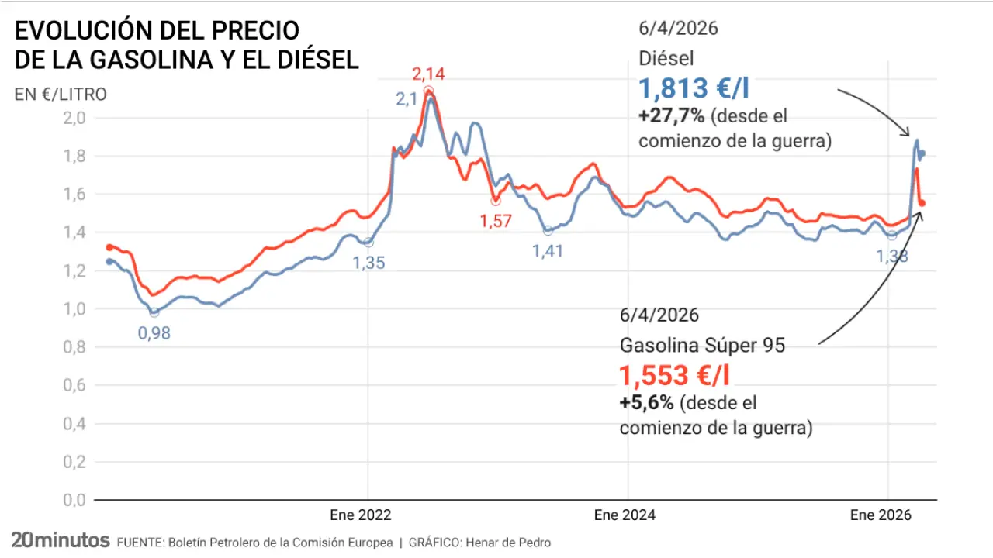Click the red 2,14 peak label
(428, 75)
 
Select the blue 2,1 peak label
(407, 99)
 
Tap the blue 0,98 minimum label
(154, 334)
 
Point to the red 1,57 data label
(496, 222)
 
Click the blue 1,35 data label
(368, 263)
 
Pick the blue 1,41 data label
(548, 251)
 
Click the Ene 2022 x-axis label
(361, 515)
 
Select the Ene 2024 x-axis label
(625, 515)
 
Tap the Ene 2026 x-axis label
(881, 515)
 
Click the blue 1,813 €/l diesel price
(694, 88)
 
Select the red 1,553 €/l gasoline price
(674, 376)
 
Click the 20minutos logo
(60, 541)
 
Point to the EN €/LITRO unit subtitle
(61, 95)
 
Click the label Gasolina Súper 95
(702, 346)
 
